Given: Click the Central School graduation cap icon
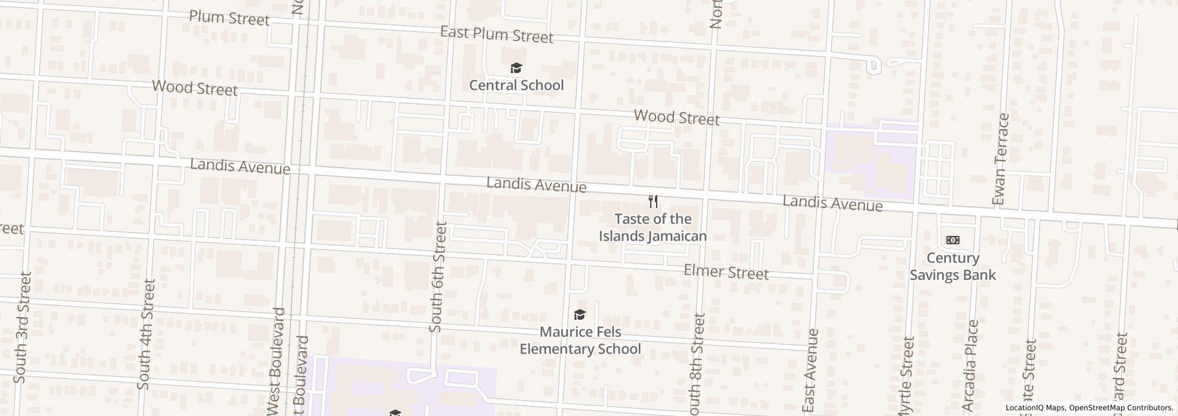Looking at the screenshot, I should [x=516, y=68].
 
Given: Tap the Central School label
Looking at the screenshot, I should [x=516, y=86].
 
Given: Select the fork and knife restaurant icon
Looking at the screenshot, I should [x=653, y=201].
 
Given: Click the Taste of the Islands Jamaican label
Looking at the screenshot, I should [x=653, y=228].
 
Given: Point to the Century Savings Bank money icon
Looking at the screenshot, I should [x=952, y=240].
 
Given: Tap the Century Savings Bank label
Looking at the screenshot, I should [x=952, y=267].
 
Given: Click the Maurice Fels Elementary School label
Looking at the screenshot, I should [x=580, y=341].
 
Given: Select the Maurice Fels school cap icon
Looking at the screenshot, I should [x=579, y=314].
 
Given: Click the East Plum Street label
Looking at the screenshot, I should [x=496, y=35].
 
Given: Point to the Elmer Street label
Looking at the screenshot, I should [x=726, y=272].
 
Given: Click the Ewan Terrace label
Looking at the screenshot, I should [x=1000, y=159].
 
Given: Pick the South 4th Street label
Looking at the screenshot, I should [x=146, y=335].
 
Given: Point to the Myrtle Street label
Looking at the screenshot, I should [x=906, y=376].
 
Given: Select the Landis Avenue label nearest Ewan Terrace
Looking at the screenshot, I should [x=832, y=203].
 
